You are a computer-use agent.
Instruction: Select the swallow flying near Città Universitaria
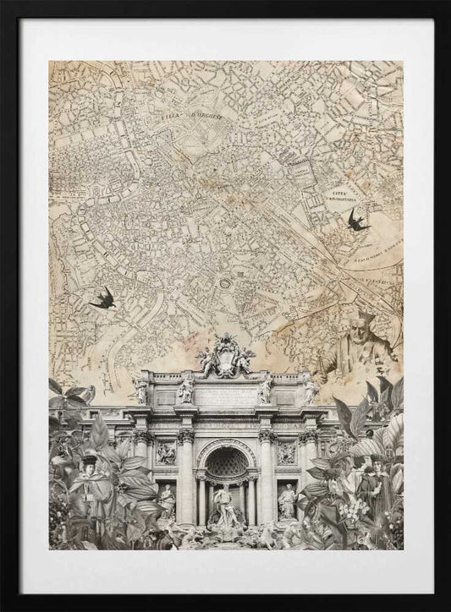click(x=358, y=221)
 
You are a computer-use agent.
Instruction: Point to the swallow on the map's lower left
click(x=103, y=298)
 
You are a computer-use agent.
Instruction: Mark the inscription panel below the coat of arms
click(x=225, y=396)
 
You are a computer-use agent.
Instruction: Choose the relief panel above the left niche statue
click(x=167, y=453)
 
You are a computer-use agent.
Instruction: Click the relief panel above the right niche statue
click(x=286, y=453)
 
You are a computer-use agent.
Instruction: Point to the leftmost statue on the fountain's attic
click(x=140, y=390)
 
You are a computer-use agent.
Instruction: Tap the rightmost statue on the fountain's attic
click(x=310, y=390)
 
